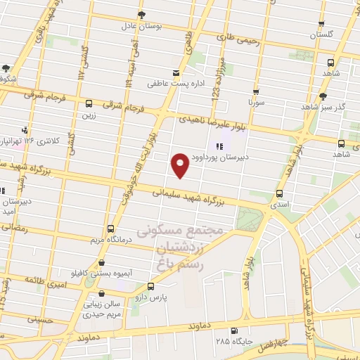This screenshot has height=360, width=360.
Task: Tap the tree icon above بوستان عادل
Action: point(143,15)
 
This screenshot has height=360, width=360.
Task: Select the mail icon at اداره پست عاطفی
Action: point(176,73)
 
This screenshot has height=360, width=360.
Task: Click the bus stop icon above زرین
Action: point(88,103)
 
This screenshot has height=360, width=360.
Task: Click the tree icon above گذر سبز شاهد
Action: point(323,96)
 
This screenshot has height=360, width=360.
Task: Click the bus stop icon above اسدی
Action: point(280,193)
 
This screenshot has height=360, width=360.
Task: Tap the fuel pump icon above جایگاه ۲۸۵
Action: point(233,330)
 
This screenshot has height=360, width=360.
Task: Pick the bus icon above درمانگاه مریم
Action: point(110,229)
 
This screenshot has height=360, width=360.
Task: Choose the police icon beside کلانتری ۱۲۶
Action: point(25,129)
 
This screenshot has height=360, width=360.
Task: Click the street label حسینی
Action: point(39,319)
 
